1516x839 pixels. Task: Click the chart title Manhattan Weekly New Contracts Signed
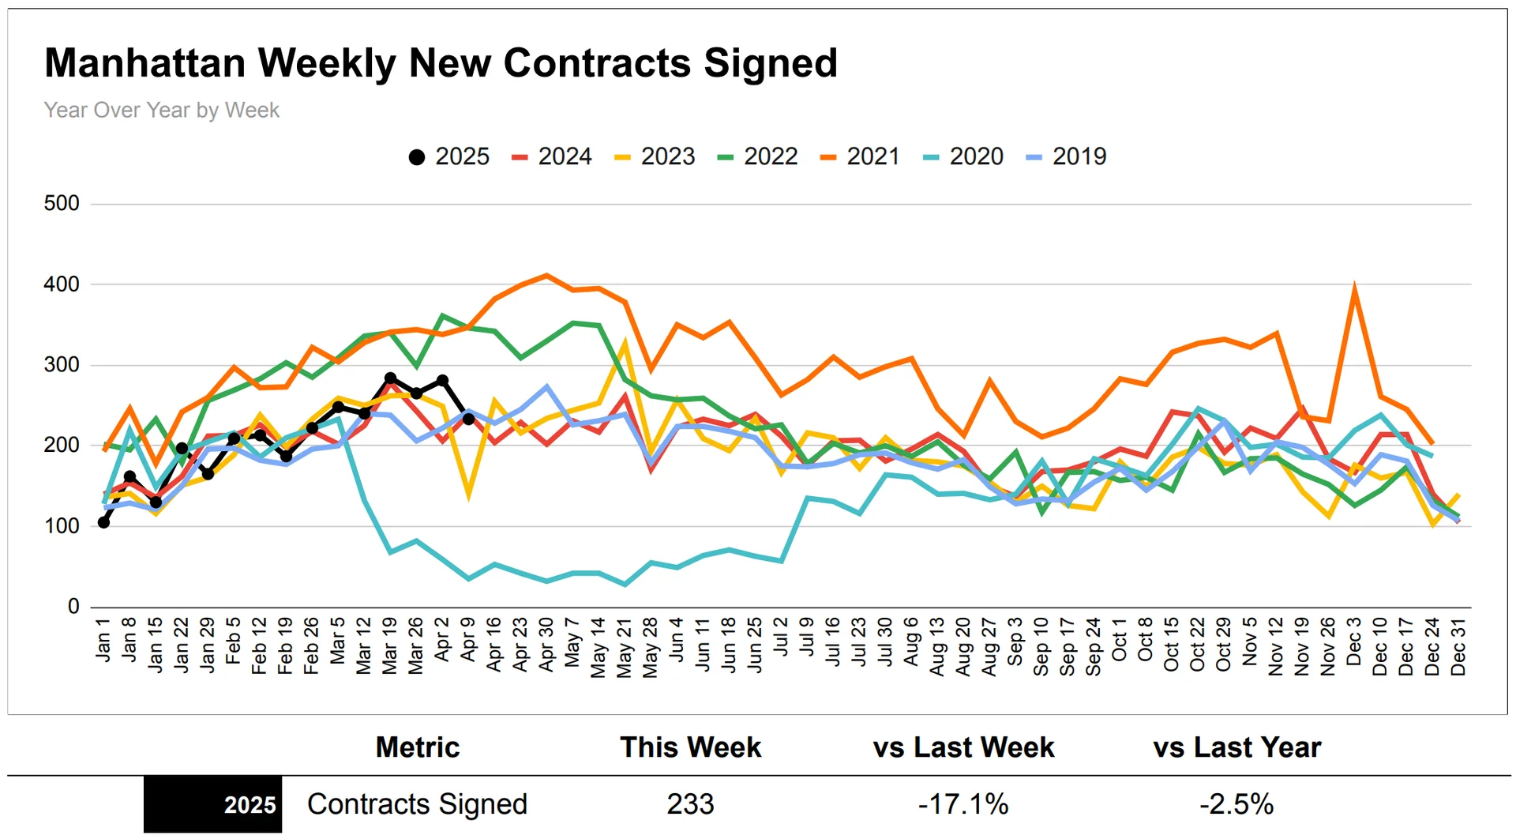441,63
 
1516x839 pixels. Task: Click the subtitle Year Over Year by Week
161,110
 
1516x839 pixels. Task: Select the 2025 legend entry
448,156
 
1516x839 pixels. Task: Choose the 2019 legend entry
1067,156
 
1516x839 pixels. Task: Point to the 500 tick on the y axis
62,204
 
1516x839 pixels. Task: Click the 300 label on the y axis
62,365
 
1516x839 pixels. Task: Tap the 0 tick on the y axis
73,607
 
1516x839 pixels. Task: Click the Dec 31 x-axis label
1458,646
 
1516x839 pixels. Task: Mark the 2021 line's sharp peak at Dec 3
1354,288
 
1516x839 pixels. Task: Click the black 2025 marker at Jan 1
103,522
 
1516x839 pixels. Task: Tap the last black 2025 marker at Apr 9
468,419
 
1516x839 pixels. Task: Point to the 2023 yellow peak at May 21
625,344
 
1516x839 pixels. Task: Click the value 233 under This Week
690,804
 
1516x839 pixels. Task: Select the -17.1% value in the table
963,804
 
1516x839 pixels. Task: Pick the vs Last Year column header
1236,747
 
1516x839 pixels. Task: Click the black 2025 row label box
212,804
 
